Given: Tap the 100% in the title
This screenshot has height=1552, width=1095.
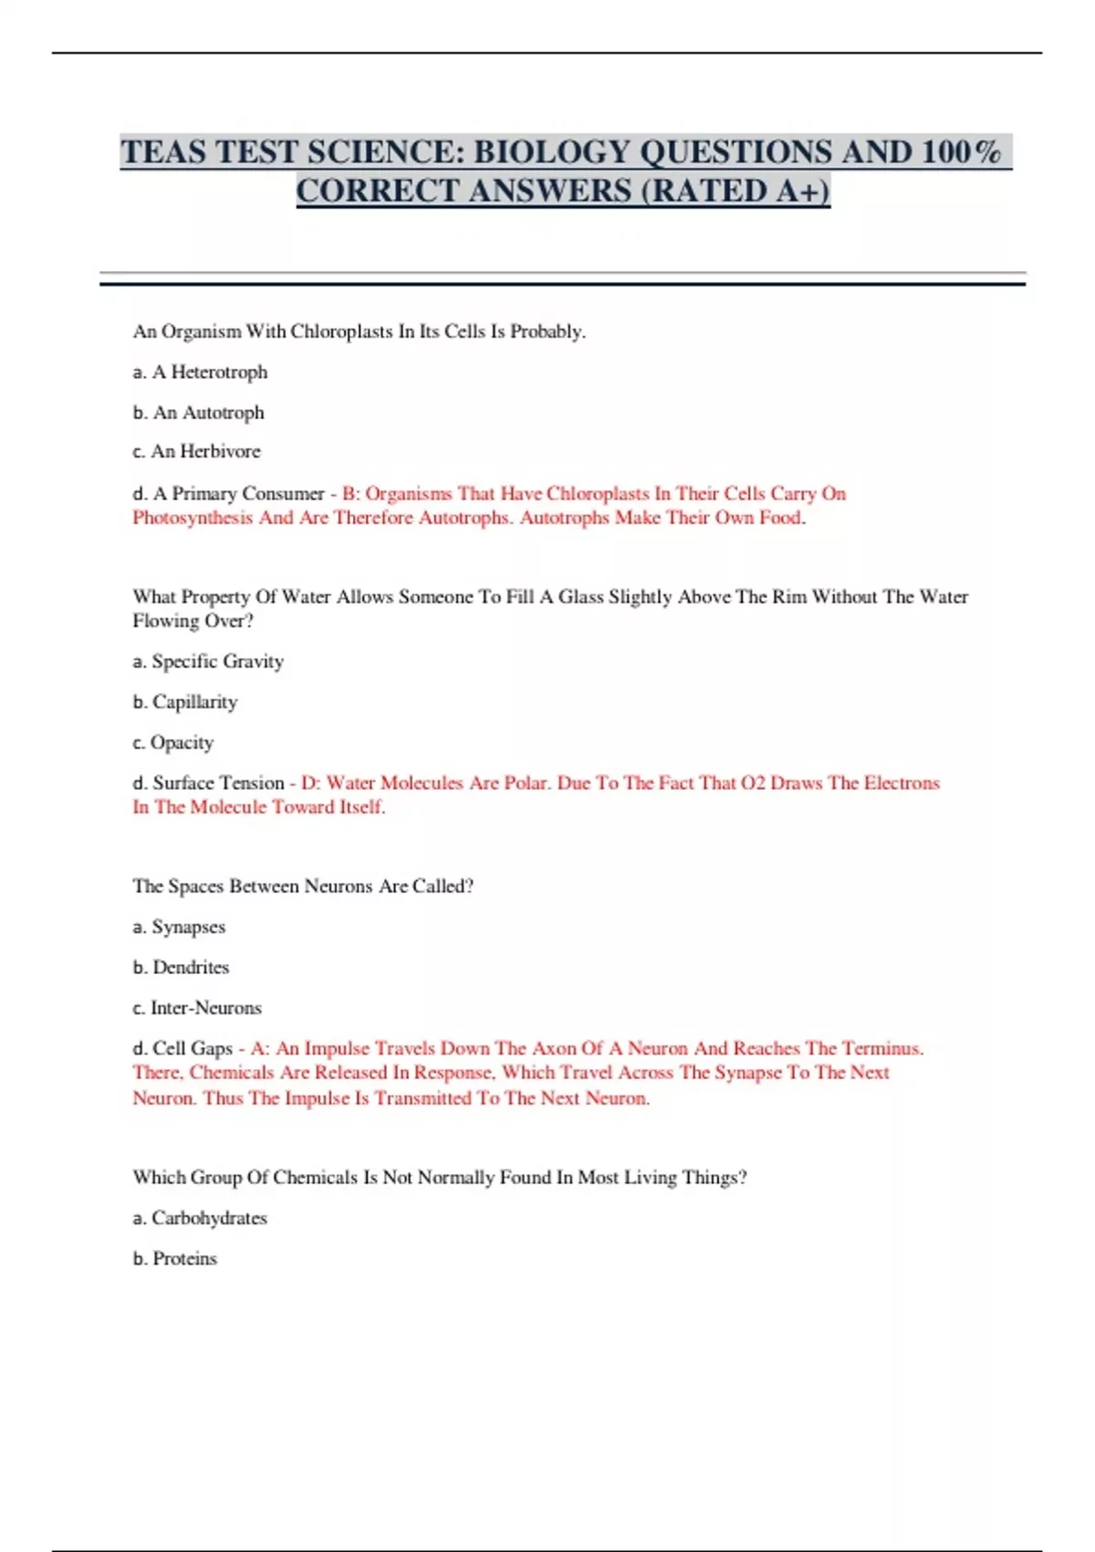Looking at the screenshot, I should pyautogui.click(x=960, y=152).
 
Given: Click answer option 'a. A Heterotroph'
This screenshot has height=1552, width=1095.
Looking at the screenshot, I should pyautogui.click(x=200, y=372).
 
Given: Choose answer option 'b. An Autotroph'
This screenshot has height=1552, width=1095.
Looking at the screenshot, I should pyautogui.click(x=198, y=413).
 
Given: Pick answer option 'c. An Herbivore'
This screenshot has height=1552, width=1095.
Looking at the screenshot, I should pyautogui.click(x=196, y=451).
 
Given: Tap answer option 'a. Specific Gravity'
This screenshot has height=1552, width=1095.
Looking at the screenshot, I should pyautogui.click(x=208, y=661).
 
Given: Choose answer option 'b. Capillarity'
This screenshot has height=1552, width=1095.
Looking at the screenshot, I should pyautogui.click(x=184, y=701).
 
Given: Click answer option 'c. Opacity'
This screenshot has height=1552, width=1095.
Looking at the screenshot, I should pyautogui.click(x=172, y=742).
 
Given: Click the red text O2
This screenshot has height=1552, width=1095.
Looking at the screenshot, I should pyautogui.click(x=753, y=782).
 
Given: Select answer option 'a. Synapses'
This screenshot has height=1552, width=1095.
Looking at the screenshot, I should pyautogui.click(x=179, y=927).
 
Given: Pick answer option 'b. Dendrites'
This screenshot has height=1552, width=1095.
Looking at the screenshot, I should pyautogui.click(x=181, y=967).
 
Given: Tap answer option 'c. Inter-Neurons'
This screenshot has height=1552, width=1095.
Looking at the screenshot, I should pyautogui.click(x=197, y=1008).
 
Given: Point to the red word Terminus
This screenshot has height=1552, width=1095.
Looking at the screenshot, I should pyautogui.click(x=881, y=1048).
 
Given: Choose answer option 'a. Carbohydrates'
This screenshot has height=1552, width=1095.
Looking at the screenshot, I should pyautogui.click(x=200, y=1218).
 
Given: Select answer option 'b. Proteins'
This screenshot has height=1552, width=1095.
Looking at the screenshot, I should pyautogui.click(x=174, y=1258).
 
